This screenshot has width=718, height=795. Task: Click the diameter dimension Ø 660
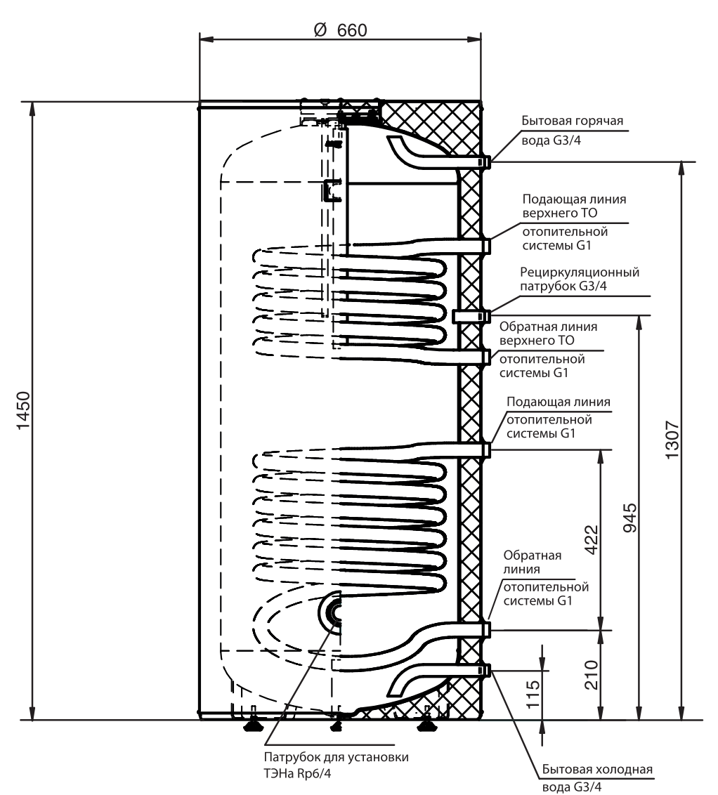pyautogui.click(x=340, y=30)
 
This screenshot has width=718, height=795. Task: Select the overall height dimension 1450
pyautogui.click(x=24, y=410)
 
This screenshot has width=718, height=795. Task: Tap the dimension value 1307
pyautogui.click(x=672, y=440)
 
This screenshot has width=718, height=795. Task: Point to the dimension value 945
pyautogui.click(x=629, y=518)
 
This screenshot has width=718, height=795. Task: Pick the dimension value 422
pyautogui.click(x=592, y=540)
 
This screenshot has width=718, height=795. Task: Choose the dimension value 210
pyautogui.click(x=592, y=675)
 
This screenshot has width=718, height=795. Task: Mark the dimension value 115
pyautogui.click(x=533, y=694)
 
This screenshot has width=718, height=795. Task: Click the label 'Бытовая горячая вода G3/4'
pyautogui.click(x=573, y=131)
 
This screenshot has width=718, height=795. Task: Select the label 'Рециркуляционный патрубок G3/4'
pyautogui.click(x=580, y=279)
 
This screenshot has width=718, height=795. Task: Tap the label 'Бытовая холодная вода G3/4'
pyautogui.click(x=597, y=777)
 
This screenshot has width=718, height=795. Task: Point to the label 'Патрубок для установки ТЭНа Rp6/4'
pyautogui.click(x=336, y=765)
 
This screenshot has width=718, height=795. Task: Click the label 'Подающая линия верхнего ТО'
pyautogui.click(x=574, y=206)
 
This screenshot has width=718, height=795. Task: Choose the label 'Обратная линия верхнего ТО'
pyautogui.click(x=548, y=333)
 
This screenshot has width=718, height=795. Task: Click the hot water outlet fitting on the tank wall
pyautogui.click(x=484, y=162)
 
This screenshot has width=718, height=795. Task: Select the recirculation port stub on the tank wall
pyautogui.click(x=471, y=316)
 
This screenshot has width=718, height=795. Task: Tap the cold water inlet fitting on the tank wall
pyautogui.click(x=484, y=670)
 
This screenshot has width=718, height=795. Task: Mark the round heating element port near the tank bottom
pyautogui.click(x=331, y=612)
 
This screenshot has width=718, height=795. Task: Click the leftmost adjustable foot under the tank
pyautogui.click(x=253, y=725)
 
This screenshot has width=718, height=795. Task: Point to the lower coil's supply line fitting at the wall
pyautogui.click(x=484, y=449)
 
